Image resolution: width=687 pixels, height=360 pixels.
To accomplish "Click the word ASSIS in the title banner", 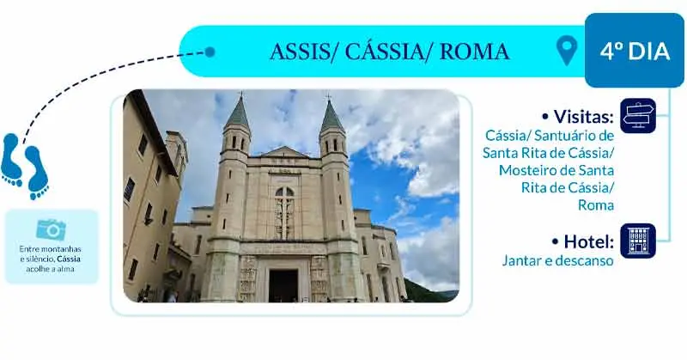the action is point(300,52).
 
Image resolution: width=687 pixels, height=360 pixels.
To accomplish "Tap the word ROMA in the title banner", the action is point(475,52).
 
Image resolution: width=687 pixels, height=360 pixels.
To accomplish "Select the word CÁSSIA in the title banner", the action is point(382,51).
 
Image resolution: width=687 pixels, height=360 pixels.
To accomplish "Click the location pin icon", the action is point(567,51).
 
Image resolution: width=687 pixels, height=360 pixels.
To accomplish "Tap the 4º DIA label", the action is point(635,51).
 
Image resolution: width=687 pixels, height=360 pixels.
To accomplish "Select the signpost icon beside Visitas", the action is point(638,116).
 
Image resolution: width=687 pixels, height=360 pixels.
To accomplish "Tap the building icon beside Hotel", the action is point(638,241).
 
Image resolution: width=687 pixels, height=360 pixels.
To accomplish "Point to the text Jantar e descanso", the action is point(557,260).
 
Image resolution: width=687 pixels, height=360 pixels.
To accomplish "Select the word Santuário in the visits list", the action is point(563,136).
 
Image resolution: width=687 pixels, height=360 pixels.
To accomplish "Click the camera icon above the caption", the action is point(52,229).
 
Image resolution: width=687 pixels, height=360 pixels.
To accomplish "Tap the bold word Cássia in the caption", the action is point(69,259).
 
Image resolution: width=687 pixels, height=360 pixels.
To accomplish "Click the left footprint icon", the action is point(11,160).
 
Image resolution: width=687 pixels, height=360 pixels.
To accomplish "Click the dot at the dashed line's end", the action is point(210,52).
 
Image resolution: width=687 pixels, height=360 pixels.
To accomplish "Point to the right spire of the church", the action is point(331,115).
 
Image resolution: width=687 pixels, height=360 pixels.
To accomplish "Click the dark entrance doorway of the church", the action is point(283,285).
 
